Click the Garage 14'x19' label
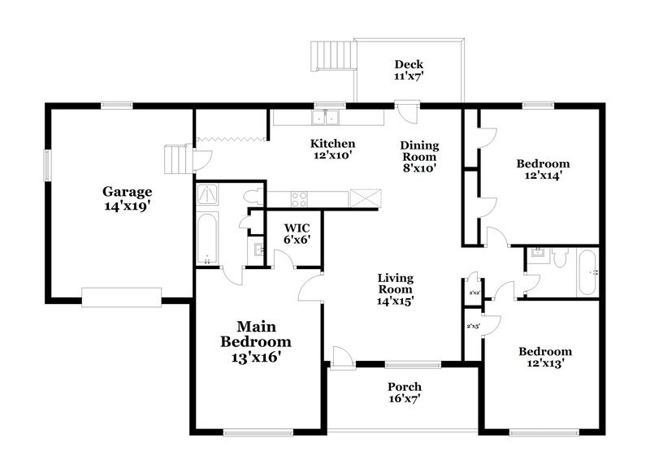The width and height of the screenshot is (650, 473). [127, 199]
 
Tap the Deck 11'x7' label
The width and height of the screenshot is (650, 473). [409, 71]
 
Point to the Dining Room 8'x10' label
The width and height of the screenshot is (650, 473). [419, 158]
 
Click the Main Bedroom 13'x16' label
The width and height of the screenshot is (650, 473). [256, 341]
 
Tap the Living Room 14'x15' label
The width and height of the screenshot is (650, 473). [395, 289]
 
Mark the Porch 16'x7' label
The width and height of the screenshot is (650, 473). [404, 393]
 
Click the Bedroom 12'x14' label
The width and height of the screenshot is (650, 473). [543, 169]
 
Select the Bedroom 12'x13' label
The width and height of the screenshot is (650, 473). [545, 358]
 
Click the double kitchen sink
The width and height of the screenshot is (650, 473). [328, 118]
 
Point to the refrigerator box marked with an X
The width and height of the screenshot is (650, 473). [366, 198]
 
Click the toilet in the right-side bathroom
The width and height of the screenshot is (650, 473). [560, 259]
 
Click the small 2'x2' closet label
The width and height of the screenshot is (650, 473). [473, 292]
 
